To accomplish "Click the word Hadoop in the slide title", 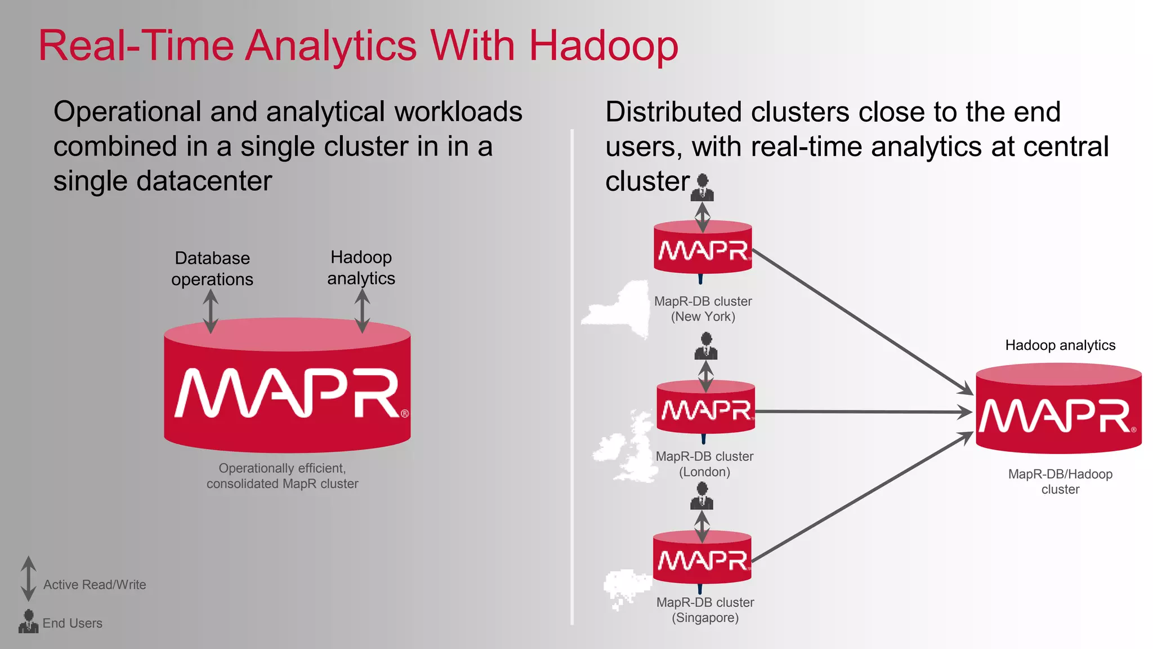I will [x=603, y=46].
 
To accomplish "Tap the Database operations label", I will [x=212, y=269].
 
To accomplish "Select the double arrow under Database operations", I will [x=211, y=312].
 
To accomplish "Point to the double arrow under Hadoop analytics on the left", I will [x=363, y=311].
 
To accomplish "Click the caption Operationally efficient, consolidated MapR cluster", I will [x=282, y=476].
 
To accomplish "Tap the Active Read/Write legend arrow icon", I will [x=28, y=579].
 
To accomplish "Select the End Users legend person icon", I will [x=28, y=621].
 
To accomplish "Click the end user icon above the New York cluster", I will [x=703, y=188].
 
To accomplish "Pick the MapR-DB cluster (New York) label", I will [x=703, y=309].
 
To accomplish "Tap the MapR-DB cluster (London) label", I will [x=704, y=464].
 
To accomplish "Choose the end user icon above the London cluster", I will [x=706, y=346].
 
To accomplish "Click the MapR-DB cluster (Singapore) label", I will [x=705, y=610].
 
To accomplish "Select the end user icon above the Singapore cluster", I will [x=702, y=496].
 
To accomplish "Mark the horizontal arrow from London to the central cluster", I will [x=861, y=412].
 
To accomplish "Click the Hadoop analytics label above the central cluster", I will [x=1060, y=345].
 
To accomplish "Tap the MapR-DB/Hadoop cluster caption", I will [x=1060, y=482].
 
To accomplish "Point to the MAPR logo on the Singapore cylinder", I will [x=703, y=560].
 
